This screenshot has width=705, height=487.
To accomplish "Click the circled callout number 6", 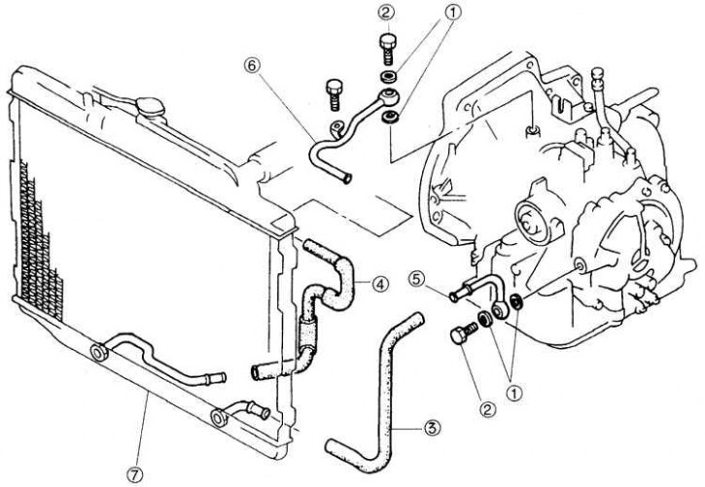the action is click(252, 65).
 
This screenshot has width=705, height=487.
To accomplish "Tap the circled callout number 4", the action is click(381, 284).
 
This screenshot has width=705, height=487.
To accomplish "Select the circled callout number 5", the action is click(417, 279).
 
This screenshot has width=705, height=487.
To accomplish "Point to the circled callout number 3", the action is click(431, 428).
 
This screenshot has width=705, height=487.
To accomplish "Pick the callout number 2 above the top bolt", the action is click(386, 13).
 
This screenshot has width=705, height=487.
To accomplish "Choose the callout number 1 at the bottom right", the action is click(514, 394).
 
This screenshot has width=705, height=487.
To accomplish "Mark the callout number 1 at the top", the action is click(453, 13).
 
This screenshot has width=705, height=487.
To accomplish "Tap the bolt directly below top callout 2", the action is click(388, 49).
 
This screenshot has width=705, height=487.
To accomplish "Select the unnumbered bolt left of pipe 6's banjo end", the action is click(334, 94).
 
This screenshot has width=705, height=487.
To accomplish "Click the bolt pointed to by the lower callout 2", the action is click(464, 332).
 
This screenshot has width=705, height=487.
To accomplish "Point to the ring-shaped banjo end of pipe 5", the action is click(500, 309).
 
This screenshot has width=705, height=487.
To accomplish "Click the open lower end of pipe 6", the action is click(346, 178).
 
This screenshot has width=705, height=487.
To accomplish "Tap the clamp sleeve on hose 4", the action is click(307, 332).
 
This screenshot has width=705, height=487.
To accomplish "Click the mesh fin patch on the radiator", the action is click(41, 247).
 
